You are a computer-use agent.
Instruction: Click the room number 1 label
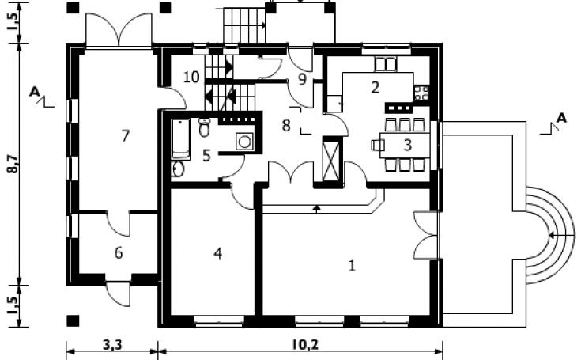tap(352, 266)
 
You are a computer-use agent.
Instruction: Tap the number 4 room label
tap(218, 253)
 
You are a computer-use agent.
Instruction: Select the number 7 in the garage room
tap(126, 135)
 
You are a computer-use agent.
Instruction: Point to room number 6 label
tap(119, 253)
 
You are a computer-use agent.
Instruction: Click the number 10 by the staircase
tap(191, 77)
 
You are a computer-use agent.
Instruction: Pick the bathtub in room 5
tap(181, 139)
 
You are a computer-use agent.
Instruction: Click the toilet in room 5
tap(204, 127)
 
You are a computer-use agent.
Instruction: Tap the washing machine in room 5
tap(244, 142)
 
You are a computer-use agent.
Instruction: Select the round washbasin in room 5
tap(178, 169)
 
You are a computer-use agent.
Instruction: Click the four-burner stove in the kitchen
tap(421, 93)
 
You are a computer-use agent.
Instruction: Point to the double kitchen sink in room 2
tap(386, 64)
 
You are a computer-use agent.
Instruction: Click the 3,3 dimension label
tap(112, 345)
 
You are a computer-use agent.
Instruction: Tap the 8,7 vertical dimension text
tap(13, 164)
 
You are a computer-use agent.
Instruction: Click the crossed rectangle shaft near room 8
tap(331, 159)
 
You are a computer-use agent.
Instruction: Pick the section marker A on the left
tap(35, 92)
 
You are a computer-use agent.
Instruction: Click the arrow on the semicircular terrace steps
tap(561, 236)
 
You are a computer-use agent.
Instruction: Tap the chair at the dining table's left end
tap(378, 145)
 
